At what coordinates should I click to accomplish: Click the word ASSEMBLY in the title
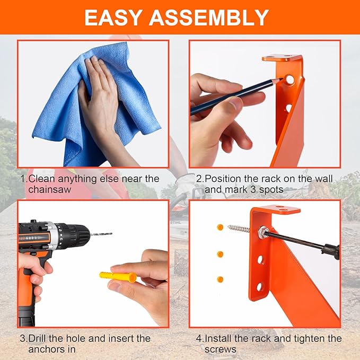click(x=208, y=18)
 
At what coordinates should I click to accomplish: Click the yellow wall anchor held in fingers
click(x=117, y=277)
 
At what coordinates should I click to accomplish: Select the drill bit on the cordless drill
click(x=101, y=234)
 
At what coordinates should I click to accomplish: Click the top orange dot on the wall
click(x=220, y=227)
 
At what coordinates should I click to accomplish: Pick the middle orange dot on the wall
click(x=220, y=254)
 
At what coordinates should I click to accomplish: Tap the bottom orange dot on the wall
click(x=220, y=279)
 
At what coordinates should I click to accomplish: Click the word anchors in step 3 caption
click(x=45, y=349)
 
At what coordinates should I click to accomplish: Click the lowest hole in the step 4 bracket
click(x=259, y=287)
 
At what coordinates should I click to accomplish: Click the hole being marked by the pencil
click(x=289, y=81)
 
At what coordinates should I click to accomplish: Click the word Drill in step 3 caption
click(x=39, y=338)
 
